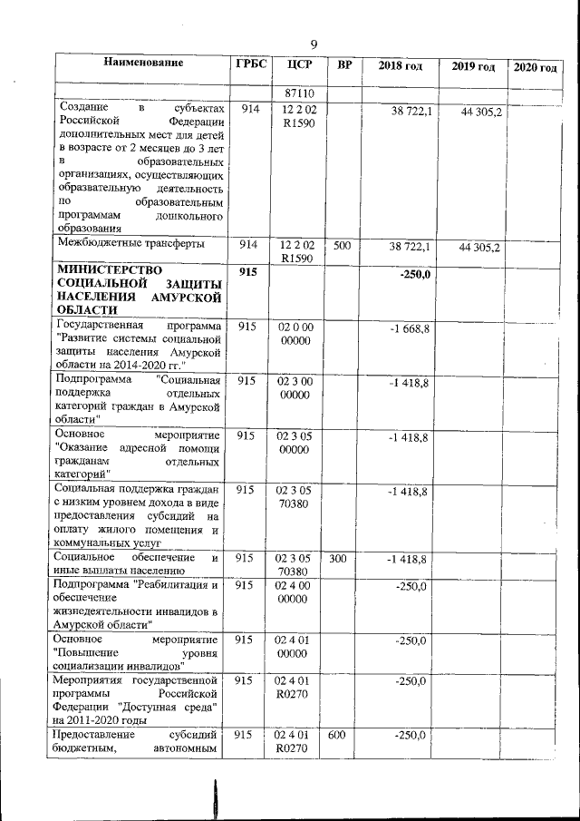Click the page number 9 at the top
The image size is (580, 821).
[314, 44]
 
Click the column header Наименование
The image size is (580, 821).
[143, 64]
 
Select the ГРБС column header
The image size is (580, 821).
[251, 64]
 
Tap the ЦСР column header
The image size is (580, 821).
[299, 64]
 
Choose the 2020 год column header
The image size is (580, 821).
[536, 68]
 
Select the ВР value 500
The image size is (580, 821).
[341, 245]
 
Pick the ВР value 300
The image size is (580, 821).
[338, 558]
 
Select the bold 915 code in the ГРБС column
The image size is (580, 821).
[249, 272]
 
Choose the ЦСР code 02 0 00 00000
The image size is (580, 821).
[296, 333]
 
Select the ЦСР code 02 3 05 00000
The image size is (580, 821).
[295, 444]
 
